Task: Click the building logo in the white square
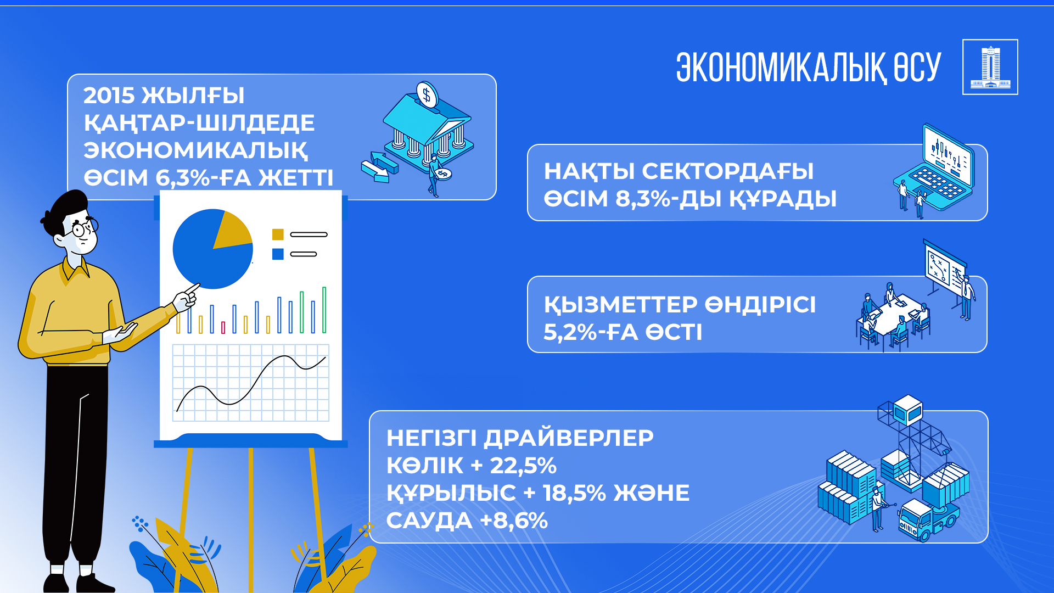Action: pyautogui.click(x=990, y=68)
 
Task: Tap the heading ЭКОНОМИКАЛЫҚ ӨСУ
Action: pyautogui.click(x=809, y=68)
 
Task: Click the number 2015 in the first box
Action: pyautogui.click(x=109, y=96)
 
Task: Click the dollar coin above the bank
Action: pyautogui.click(x=427, y=94)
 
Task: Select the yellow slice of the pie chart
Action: pyautogui.click(x=232, y=230)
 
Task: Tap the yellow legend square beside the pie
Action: pyautogui.click(x=278, y=234)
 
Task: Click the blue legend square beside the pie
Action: pyautogui.click(x=278, y=254)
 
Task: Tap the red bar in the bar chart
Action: pyautogui.click(x=223, y=328)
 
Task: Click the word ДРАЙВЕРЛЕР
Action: pyautogui.click(x=569, y=438)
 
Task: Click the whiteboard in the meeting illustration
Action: pyautogui.click(x=945, y=266)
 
